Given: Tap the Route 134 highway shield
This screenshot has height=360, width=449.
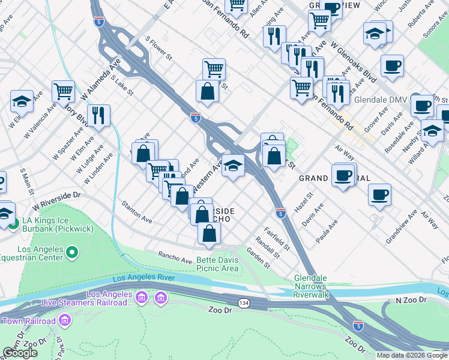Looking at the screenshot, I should [244, 304].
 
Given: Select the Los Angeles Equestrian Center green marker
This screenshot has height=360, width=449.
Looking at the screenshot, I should [72, 252].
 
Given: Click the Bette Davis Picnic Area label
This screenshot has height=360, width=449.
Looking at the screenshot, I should [218, 265].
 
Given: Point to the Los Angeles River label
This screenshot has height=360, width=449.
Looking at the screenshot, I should [143, 278].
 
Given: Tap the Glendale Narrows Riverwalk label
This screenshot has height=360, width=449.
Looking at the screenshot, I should [320, 283].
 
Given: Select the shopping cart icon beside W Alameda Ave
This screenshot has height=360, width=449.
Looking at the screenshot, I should [62, 91].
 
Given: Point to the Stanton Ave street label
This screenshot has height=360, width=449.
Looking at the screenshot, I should [137, 212].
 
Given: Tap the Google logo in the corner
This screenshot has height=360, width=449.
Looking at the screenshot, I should [20, 353].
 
